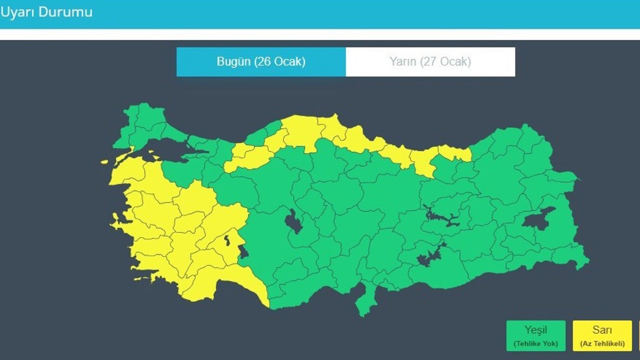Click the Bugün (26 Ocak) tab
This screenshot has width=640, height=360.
pos(260,62)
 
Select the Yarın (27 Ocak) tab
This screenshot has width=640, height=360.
pos(430,62)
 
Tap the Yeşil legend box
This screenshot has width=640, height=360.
pos(535,335)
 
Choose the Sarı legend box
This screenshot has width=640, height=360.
pos(602,335)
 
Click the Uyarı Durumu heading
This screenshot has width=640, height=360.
pos(46,12)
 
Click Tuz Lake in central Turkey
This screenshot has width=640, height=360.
pos(293,221)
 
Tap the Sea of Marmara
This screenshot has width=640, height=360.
pos(170,150)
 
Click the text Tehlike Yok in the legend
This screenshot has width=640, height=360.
pos(535,343)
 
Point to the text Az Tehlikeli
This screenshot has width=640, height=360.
pos(602,343)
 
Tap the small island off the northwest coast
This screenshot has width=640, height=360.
pos(104,162)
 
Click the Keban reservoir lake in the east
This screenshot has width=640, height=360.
pos(440,217)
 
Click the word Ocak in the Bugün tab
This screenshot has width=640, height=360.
pos(289,62)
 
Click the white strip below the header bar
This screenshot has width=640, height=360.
pos(320,34)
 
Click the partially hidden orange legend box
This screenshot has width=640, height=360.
pos(638,335)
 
